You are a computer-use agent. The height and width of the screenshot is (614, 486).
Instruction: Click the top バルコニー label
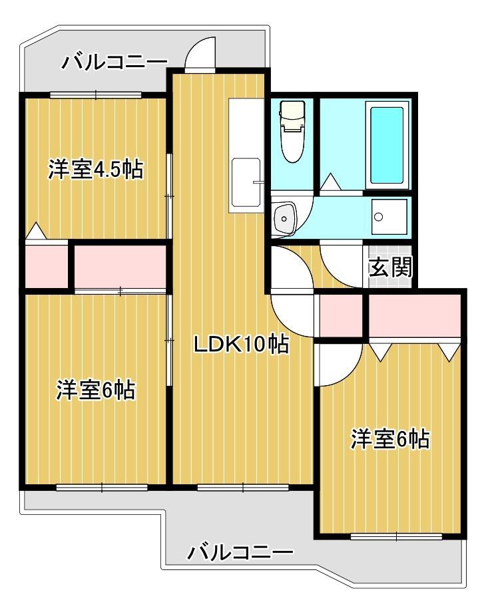(115, 63)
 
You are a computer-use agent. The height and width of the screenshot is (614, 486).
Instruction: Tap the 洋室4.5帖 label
(95, 170)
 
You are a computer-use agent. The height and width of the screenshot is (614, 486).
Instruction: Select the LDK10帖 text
(240, 344)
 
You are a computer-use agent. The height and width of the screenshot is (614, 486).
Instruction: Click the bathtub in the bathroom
(387, 145)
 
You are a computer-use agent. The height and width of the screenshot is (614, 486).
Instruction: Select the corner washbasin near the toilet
(285, 218)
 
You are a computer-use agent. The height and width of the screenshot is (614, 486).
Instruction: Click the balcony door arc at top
(200, 55)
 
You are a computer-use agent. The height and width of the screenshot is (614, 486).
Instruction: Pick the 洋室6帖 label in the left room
(95, 390)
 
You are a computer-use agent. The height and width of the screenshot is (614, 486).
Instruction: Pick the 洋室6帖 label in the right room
(390, 439)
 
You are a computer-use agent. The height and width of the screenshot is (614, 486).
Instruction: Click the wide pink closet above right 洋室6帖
(414, 316)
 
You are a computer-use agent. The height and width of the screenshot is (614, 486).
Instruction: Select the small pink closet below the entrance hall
(341, 316)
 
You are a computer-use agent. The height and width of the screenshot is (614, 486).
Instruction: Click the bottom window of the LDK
(242, 488)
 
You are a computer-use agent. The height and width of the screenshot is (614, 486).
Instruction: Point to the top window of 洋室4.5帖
(95, 94)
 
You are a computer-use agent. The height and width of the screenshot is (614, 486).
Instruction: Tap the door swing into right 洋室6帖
(336, 366)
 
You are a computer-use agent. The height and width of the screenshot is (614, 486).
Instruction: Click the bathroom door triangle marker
(330, 182)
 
